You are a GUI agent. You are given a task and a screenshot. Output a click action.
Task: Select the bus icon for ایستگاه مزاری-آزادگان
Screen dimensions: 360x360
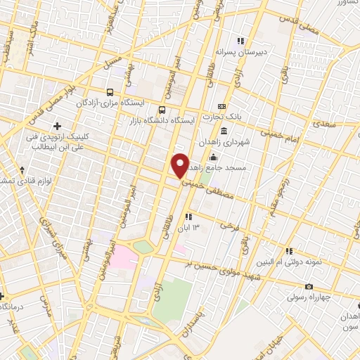coord(109,92)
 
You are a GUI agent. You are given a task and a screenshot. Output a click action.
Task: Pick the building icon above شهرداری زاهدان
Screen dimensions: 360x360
coord(224,131)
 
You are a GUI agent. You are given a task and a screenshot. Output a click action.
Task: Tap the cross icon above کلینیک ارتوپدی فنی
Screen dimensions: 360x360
coord(58,126)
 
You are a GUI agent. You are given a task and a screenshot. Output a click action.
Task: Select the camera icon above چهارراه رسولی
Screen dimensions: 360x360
coord(309,286)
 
